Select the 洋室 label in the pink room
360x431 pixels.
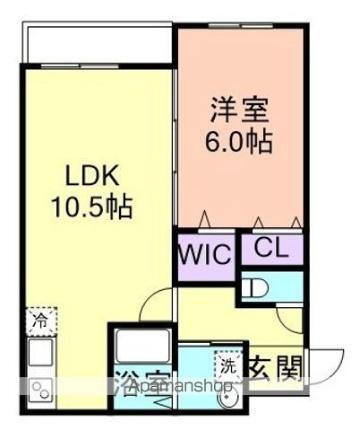[x=239, y=109]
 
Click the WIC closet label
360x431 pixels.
[x=206, y=251]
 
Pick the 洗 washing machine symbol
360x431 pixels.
[x=229, y=367]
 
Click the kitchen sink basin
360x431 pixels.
[x=40, y=352]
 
